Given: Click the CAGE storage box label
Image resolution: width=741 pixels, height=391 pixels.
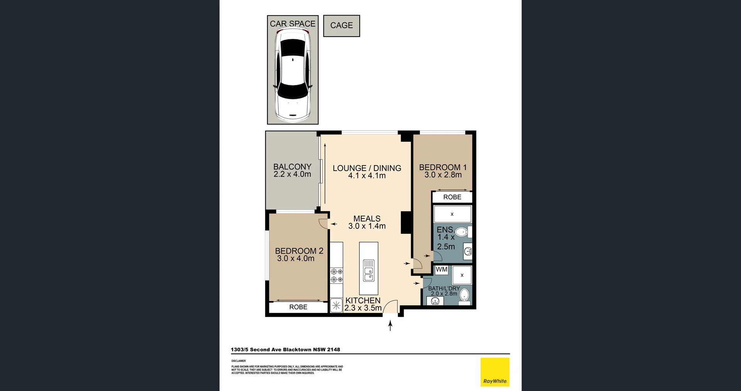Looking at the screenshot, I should pos(342,25).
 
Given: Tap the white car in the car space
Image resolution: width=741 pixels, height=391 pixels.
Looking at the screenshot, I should pos(292,75).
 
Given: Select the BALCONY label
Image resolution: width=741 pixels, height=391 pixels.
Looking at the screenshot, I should pos(292,167).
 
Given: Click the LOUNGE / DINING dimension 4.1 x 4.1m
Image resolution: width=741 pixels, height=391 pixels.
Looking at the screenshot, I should pos(367,176).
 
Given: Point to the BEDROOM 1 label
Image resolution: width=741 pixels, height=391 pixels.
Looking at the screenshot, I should pos(443,167).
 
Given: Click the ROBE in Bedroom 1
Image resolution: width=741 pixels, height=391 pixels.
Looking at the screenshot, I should pos(452,197).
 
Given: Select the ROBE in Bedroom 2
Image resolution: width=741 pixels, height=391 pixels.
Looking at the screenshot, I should pos(298,307).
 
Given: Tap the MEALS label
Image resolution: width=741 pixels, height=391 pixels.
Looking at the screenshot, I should pos(367,218).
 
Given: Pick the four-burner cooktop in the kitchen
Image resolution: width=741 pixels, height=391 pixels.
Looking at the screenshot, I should pos(337,275).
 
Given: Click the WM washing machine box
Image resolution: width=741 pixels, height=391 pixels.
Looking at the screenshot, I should pos(442,270).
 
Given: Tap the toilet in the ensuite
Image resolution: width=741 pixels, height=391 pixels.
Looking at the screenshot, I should pos(462,232).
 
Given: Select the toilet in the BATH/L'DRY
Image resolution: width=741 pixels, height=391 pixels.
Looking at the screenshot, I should pos(465,295).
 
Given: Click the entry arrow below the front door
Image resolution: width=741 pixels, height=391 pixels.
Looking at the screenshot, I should pos(390,326).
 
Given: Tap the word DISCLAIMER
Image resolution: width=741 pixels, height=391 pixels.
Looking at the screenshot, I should pos(239,361).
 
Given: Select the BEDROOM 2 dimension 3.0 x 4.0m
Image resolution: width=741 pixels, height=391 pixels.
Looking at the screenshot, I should pos(296,259).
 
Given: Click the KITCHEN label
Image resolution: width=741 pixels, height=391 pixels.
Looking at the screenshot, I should pos(363,300).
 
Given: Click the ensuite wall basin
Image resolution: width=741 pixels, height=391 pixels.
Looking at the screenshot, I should pos(468,251).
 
